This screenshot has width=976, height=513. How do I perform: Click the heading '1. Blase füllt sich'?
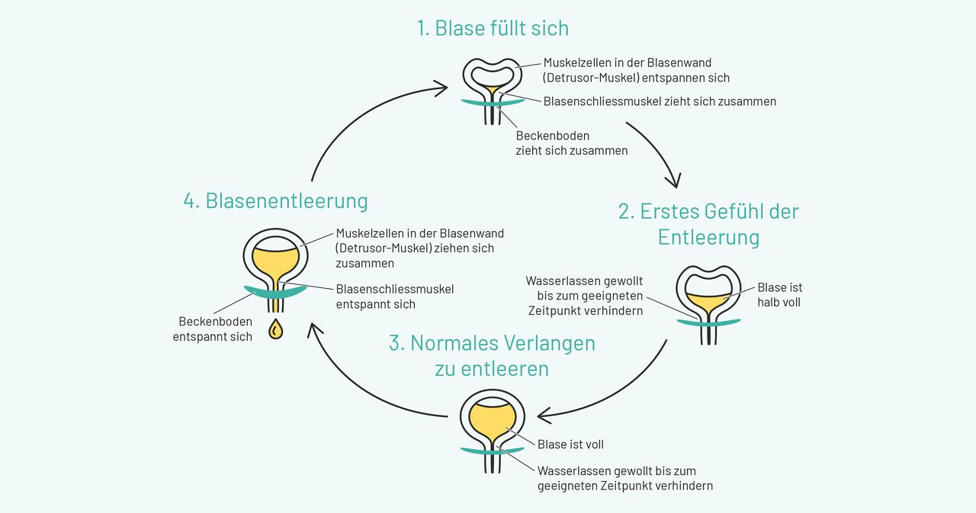(493, 29)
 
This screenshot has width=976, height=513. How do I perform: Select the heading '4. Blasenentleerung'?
(275, 200)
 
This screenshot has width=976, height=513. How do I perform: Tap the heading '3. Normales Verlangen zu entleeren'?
(492, 355)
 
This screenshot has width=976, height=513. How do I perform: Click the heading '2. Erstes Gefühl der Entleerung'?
(708, 223)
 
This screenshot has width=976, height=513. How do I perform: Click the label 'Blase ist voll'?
(570, 444)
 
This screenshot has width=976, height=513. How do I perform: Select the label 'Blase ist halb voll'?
(779, 294)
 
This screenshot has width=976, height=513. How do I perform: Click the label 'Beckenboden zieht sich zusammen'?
(571, 143)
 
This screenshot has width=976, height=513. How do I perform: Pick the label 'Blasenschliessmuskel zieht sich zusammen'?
(660, 101)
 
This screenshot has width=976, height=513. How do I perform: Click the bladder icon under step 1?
(492, 88)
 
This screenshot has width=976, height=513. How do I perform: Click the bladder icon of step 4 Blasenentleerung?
(275, 263)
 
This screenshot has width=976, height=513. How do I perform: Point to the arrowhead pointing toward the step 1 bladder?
(441, 89)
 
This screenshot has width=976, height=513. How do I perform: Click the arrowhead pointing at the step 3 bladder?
(543, 415)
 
